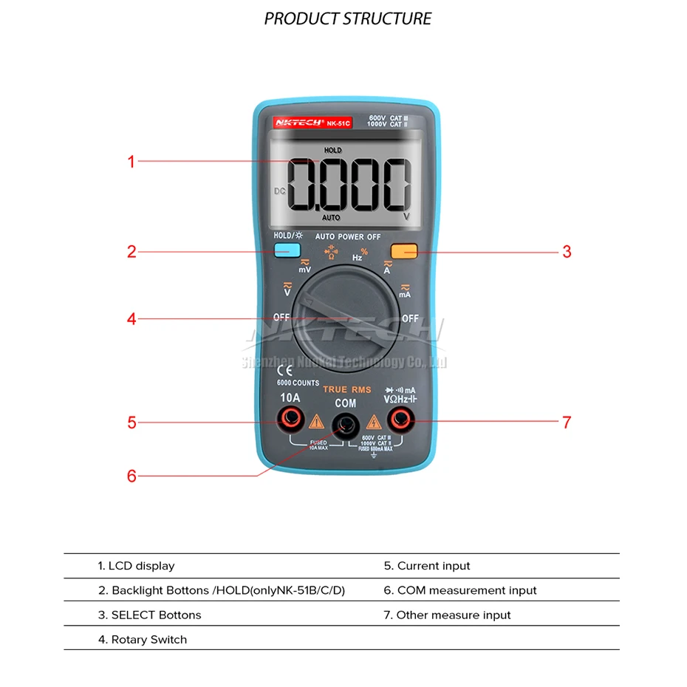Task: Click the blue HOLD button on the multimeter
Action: (x=282, y=250)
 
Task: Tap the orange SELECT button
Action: (x=404, y=250)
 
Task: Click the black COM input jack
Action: (x=345, y=423)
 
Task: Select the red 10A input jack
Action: (x=289, y=421)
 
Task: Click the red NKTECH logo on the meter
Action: (x=300, y=123)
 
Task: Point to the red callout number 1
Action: (x=131, y=161)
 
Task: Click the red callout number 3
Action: (x=567, y=251)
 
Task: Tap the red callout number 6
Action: (x=131, y=476)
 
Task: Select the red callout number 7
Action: (x=567, y=423)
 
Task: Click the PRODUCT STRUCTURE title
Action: (x=348, y=18)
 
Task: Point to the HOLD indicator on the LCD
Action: (x=332, y=150)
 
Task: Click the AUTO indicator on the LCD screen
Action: (x=331, y=218)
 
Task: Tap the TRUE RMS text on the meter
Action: (x=347, y=389)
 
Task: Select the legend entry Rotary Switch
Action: (x=143, y=640)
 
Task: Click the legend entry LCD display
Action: (x=137, y=566)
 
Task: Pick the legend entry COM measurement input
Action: (x=460, y=590)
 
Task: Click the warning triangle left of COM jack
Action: (x=316, y=423)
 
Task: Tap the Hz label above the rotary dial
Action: (x=358, y=258)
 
